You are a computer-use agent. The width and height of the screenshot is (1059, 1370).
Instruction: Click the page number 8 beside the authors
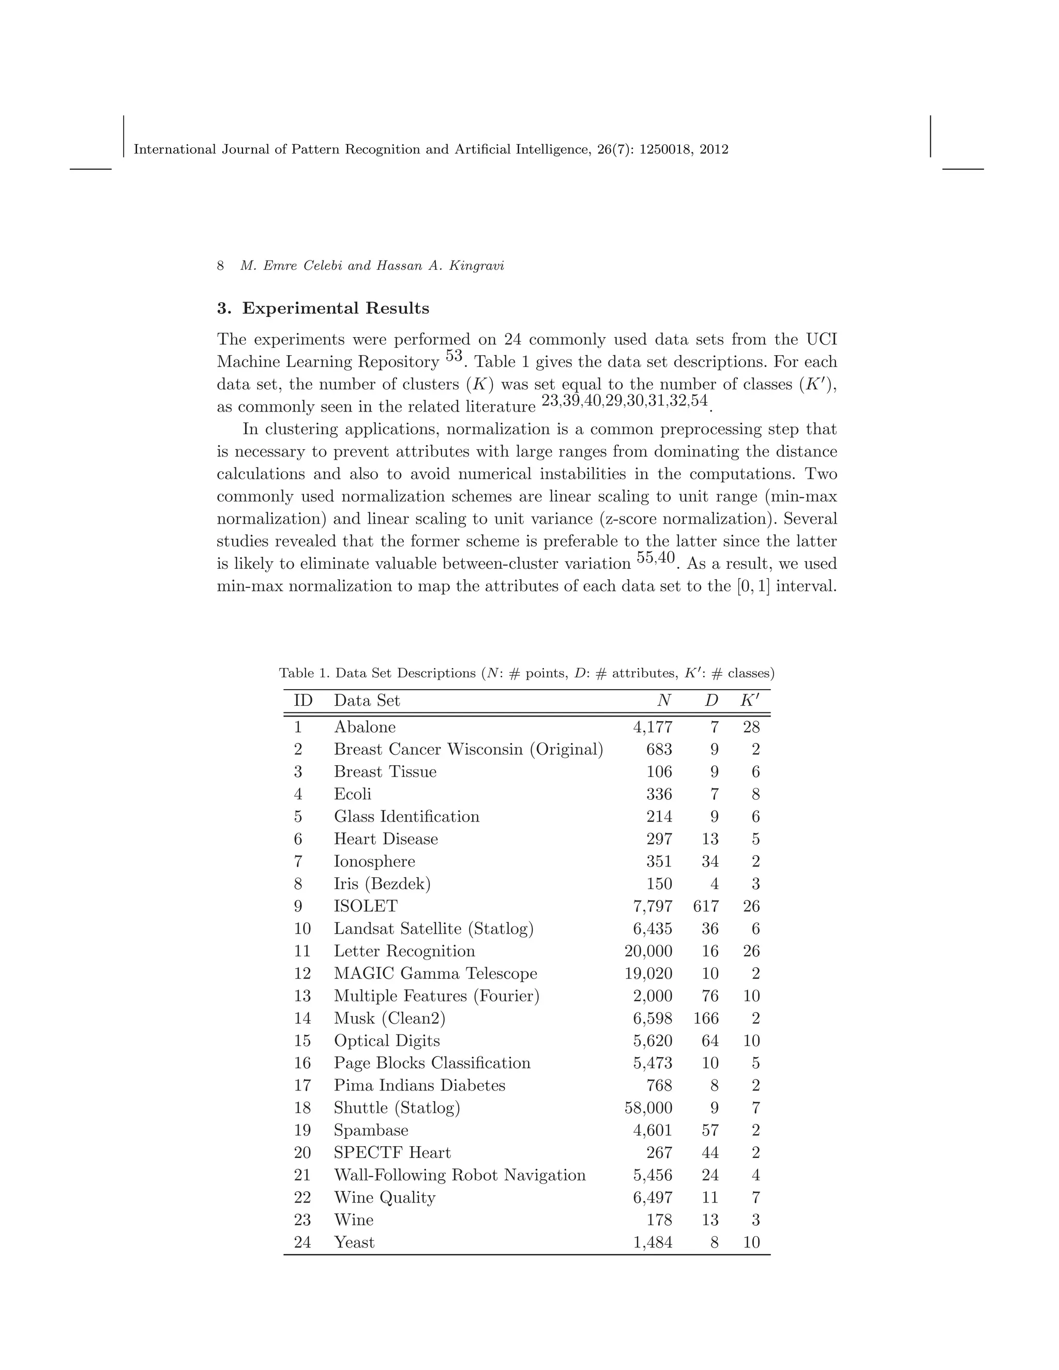[220, 266]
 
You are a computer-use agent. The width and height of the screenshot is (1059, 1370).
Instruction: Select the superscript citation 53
[453, 356]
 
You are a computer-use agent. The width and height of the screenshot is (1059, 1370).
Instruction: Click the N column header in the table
[664, 701]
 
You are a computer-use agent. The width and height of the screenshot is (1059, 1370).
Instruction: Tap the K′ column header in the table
[750, 701]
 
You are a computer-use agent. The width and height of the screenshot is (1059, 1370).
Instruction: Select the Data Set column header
[367, 701]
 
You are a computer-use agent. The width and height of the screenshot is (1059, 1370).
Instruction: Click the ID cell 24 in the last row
[302, 1243]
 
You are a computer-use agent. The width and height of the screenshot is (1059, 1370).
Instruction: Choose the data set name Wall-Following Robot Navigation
[459, 1176]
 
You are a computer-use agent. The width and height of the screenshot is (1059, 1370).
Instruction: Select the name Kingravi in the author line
[480, 266]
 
